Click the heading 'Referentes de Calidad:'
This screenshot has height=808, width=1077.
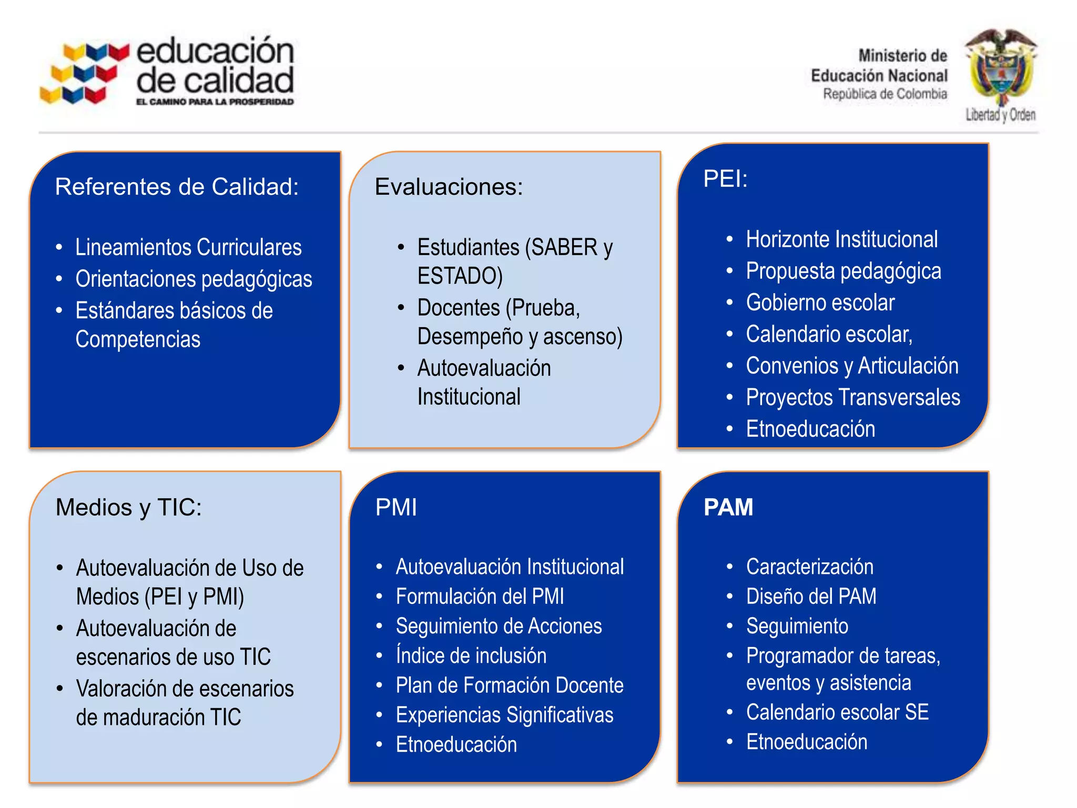click(177, 187)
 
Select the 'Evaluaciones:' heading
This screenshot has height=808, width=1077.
click(449, 187)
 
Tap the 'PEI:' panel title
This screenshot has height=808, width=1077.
click(725, 179)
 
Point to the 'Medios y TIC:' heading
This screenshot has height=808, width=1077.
click(128, 507)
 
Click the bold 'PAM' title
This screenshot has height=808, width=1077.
click(728, 507)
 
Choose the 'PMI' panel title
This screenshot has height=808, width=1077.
click(396, 507)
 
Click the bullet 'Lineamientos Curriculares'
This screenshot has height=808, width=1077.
click(188, 247)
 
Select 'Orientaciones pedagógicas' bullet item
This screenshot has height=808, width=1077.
click(194, 279)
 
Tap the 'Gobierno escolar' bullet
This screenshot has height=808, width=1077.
click(820, 302)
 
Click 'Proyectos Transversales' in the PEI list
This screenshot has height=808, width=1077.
click(852, 397)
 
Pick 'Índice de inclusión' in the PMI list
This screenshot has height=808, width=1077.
click(471, 655)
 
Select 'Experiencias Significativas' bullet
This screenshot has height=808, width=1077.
click(504, 715)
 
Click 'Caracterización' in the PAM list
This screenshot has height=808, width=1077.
click(809, 567)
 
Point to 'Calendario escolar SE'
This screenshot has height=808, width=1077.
click(837, 712)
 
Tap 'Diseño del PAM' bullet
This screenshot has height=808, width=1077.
click(811, 596)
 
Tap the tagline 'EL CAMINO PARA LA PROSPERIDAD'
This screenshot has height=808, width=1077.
click(215, 102)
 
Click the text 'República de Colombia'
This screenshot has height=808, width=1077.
click(885, 94)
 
